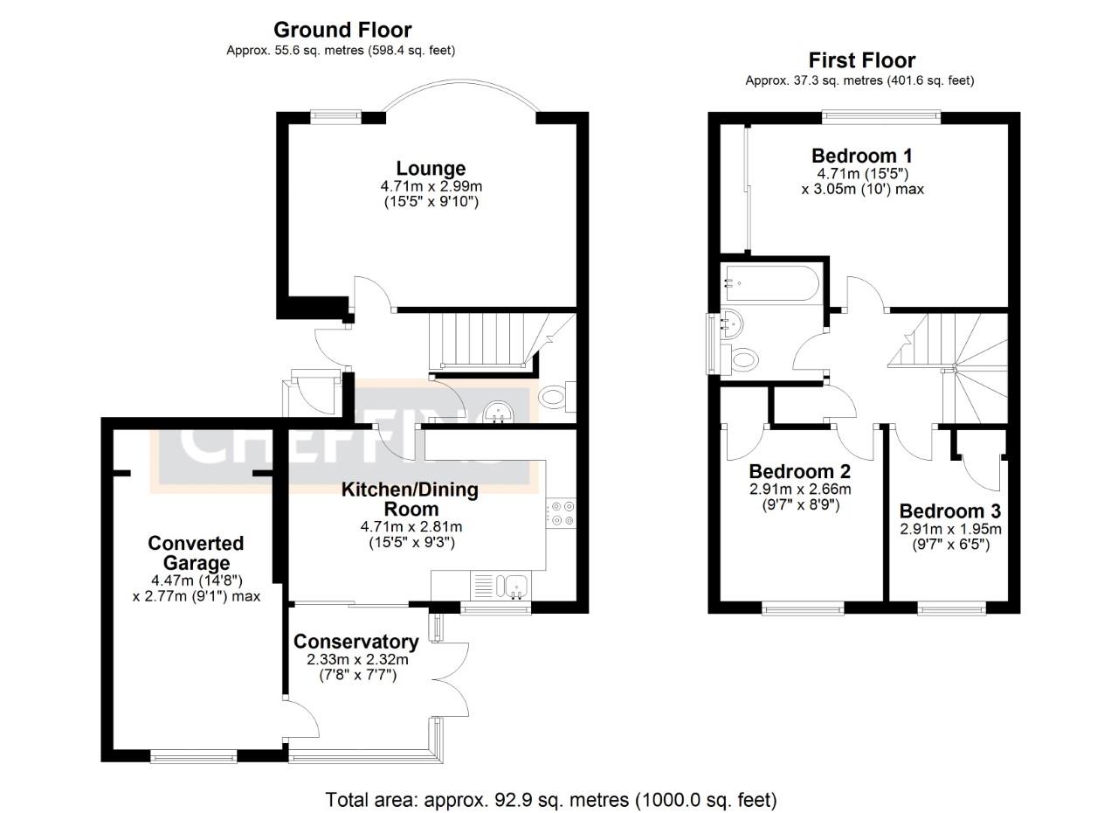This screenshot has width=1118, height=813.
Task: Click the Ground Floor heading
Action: (x=342, y=31)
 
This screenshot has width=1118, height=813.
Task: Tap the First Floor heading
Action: (x=861, y=60)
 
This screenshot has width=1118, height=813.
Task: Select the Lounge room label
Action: (x=431, y=168)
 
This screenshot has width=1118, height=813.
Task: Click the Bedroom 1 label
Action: (x=863, y=156)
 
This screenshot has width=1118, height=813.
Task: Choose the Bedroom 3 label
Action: (x=950, y=511)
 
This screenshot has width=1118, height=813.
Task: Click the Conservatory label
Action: (x=355, y=642)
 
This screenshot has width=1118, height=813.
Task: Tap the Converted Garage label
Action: (x=196, y=553)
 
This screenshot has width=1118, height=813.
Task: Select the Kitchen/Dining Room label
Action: (x=410, y=499)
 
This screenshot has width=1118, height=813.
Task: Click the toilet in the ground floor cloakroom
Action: (x=556, y=398)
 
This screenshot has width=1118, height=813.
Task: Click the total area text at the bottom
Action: (x=550, y=799)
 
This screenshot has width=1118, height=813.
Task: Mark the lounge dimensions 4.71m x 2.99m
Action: (x=431, y=186)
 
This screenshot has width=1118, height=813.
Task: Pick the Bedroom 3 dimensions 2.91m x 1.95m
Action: (x=950, y=529)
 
